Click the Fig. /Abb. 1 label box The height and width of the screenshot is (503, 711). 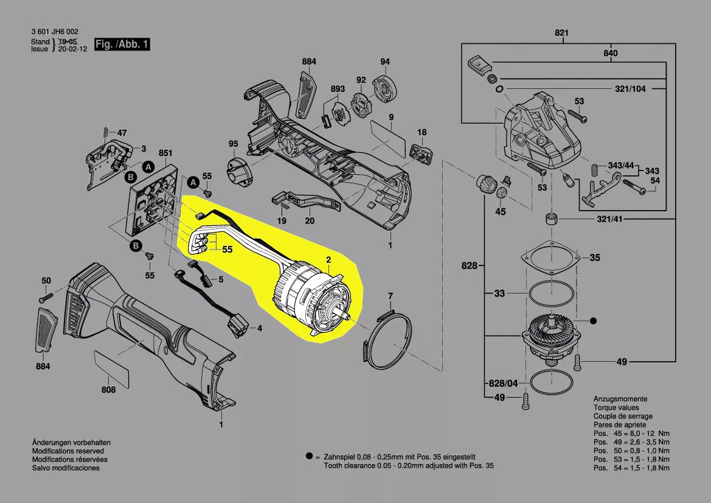[122, 45]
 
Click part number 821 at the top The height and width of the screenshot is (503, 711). [561, 32]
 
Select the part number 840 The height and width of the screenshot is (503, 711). [611, 54]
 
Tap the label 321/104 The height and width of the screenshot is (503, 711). [631, 89]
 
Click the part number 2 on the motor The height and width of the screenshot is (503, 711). [328, 260]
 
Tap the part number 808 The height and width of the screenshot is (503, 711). [108, 390]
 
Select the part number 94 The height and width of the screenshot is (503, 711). [385, 62]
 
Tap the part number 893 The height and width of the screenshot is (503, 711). [338, 89]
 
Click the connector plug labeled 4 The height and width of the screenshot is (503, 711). [240, 326]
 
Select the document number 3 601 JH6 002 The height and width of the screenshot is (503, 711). [54, 32]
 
